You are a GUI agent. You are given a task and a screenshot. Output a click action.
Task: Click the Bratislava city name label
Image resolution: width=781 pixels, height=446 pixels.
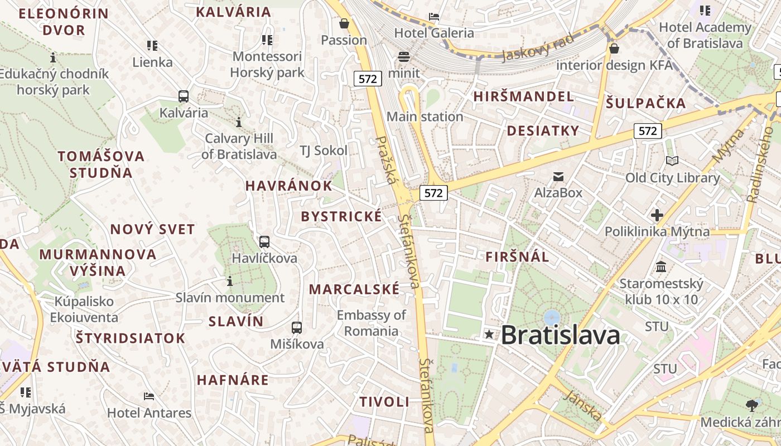tap(560, 335)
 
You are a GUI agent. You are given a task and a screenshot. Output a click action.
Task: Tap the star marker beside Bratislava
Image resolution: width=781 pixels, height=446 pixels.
tap(489, 334)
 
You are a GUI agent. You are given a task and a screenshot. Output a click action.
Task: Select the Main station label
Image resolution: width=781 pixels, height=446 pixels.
tap(425, 117)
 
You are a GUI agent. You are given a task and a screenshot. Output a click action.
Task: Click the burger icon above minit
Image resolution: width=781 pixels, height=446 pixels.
tap(404, 57)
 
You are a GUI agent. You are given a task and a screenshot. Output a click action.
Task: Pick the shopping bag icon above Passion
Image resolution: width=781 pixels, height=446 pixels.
tap(344, 23)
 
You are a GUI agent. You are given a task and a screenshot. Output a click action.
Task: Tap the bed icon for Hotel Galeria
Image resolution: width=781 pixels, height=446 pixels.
tap(434, 16)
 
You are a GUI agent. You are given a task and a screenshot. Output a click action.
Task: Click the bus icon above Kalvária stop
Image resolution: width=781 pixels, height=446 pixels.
tap(184, 96)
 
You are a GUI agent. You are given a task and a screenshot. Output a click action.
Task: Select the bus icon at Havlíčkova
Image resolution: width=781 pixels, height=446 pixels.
tap(264, 242)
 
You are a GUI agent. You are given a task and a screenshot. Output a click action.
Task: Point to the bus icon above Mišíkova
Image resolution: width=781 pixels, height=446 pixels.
tap(297, 328)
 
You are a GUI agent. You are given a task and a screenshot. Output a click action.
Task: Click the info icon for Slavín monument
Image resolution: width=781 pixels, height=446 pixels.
tap(230, 282)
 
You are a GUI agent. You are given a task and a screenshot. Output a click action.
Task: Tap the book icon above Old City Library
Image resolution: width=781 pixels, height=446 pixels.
tap(672, 161)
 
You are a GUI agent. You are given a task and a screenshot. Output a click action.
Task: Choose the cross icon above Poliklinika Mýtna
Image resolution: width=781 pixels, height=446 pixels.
tap(657, 215)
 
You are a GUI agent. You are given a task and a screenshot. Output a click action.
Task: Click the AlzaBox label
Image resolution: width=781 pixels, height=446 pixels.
tap(558, 193)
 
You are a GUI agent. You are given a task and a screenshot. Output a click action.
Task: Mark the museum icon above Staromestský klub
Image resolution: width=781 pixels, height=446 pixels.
tap(661, 267)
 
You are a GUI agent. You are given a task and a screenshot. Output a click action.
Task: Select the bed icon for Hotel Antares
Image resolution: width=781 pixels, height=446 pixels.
tap(149, 396)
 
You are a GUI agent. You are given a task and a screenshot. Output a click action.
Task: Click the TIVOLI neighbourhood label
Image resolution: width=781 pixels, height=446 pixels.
tap(384, 402)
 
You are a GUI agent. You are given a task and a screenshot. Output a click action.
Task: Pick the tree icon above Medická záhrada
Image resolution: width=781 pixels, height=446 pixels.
tap(752, 405)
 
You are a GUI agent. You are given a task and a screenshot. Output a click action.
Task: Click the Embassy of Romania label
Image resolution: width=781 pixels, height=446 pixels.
tap(371, 323)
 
